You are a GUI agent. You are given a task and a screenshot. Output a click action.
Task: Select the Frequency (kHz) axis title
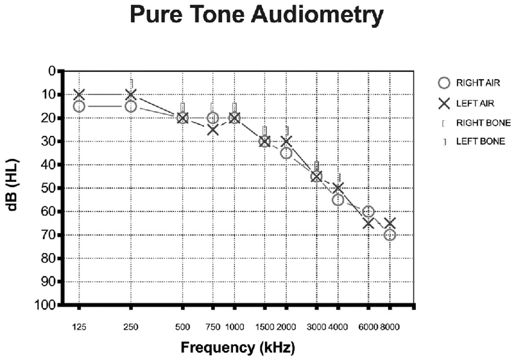pyautogui.click(x=237, y=347)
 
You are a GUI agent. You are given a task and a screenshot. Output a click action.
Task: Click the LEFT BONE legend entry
pyautogui.click(x=480, y=141)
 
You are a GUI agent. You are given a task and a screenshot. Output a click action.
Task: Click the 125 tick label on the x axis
pyautogui.click(x=79, y=327)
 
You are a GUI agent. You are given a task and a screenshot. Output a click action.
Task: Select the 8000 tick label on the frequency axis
pyautogui.click(x=390, y=327)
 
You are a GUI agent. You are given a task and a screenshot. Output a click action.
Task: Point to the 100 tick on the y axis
pyautogui.click(x=47, y=305)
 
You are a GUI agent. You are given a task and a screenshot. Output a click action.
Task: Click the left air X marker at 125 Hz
pyautogui.click(x=79, y=94)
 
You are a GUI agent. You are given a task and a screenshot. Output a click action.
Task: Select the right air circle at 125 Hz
pyautogui.click(x=79, y=106)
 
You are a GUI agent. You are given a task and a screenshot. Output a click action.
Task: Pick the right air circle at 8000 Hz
pyautogui.click(x=390, y=235)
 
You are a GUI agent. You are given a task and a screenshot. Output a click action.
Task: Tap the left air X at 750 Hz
pyautogui.click(x=213, y=130)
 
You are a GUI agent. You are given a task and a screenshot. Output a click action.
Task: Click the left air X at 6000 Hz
pyautogui.click(x=368, y=223)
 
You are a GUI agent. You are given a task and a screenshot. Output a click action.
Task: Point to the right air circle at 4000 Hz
pyautogui.click(x=338, y=200)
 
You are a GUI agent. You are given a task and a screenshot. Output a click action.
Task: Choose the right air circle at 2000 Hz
pyautogui.click(x=286, y=153)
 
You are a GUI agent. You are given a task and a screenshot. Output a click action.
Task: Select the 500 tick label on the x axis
pyautogui.click(x=183, y=327)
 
